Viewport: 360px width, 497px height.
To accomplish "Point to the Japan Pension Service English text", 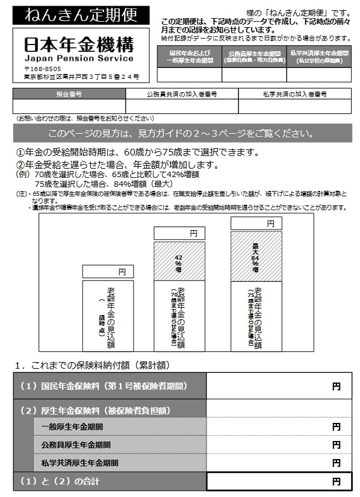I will (79, 58).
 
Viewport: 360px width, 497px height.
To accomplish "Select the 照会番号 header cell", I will (69, 94).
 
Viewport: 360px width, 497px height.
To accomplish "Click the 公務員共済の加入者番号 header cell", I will (182, 94).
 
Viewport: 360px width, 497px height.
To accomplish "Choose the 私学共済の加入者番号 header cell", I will (295, 94).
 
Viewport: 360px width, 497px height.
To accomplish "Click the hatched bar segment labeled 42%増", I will (179, 261).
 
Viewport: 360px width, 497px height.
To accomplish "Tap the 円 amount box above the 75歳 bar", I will (256, 224).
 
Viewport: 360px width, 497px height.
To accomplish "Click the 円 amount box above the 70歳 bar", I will (179, 233).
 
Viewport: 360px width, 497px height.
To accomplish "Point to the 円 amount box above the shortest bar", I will (108, 272).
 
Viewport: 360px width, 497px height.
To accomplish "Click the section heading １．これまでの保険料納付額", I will (92, 364).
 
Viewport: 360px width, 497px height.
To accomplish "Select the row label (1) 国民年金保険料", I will (110, 386).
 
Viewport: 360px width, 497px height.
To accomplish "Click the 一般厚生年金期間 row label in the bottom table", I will (72, 427).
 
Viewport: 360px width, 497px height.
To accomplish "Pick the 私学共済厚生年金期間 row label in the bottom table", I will (80, 463).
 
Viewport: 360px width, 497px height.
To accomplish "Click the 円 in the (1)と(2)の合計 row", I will (336, 481).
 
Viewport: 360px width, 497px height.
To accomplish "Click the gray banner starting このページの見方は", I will (182, 133).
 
